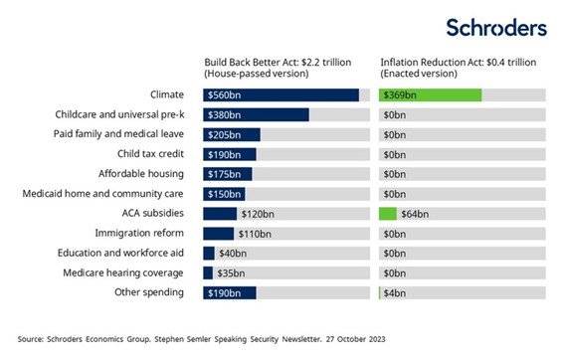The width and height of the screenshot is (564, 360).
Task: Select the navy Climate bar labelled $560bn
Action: click(x=281, y=95)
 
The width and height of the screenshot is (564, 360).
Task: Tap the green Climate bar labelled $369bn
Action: click(x=431, y=95)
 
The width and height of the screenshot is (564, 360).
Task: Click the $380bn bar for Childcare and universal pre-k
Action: click(x=256, y=115)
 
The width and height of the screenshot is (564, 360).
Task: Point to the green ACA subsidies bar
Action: click(x=388, y=214)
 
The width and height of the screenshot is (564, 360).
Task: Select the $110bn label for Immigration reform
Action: click(x=252, y=234)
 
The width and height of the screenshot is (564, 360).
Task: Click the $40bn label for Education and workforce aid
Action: click(x=231, y=254)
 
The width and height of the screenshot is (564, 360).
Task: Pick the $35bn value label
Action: click(x=231, y=272)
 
